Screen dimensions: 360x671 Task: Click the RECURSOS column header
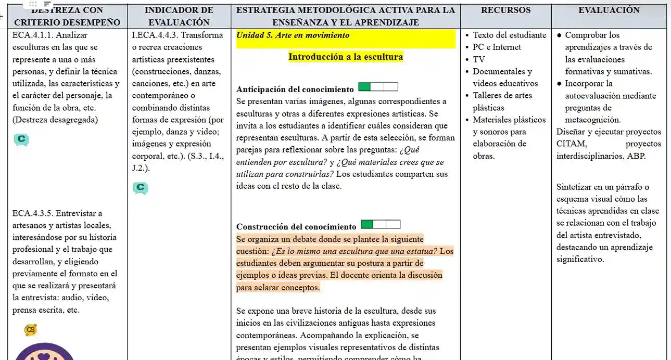(505, 10)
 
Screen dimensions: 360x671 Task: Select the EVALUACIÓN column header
(609, 10)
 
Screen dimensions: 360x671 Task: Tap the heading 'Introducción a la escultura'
(346, 57)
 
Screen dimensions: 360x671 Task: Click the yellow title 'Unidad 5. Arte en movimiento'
(293, 35)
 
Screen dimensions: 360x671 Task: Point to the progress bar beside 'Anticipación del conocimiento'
(378, 87)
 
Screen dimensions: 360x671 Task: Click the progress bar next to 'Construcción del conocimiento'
(381, 224)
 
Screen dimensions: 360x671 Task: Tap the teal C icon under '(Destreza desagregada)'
(21, 139)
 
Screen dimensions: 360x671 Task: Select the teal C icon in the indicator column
(140, 188)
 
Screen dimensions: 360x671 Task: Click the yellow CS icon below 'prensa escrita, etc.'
(31, 330)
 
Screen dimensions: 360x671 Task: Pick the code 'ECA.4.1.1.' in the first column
(32, 35)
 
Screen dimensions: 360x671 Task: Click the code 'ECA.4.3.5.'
(32, 213)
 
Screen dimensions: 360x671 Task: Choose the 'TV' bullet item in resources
(478, 59)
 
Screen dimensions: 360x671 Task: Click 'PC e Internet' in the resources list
(497, 47)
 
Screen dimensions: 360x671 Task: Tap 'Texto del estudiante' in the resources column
(509, 35)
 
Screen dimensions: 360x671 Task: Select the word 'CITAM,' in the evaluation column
(572, 144)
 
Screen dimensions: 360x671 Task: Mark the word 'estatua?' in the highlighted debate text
(420, 251)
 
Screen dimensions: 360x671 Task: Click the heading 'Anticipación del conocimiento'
(295, 89)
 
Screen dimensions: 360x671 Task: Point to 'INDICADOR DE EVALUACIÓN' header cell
(179, 16)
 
